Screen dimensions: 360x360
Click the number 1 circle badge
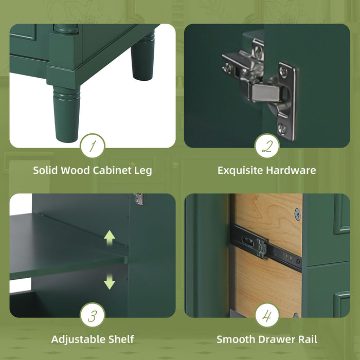(93, 146)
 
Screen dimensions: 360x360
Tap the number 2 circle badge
(267, 146)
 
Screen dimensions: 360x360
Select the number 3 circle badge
(93, 315)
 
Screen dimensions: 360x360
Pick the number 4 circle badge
(267, 315)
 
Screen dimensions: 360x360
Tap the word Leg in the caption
(143, 170)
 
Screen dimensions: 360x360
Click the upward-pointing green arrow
(109, 238)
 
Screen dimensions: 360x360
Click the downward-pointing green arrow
(109, 281)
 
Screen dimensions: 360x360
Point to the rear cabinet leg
(142, 57)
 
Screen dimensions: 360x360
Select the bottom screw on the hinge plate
(283, 130)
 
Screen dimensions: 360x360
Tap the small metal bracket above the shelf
(138, 199)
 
